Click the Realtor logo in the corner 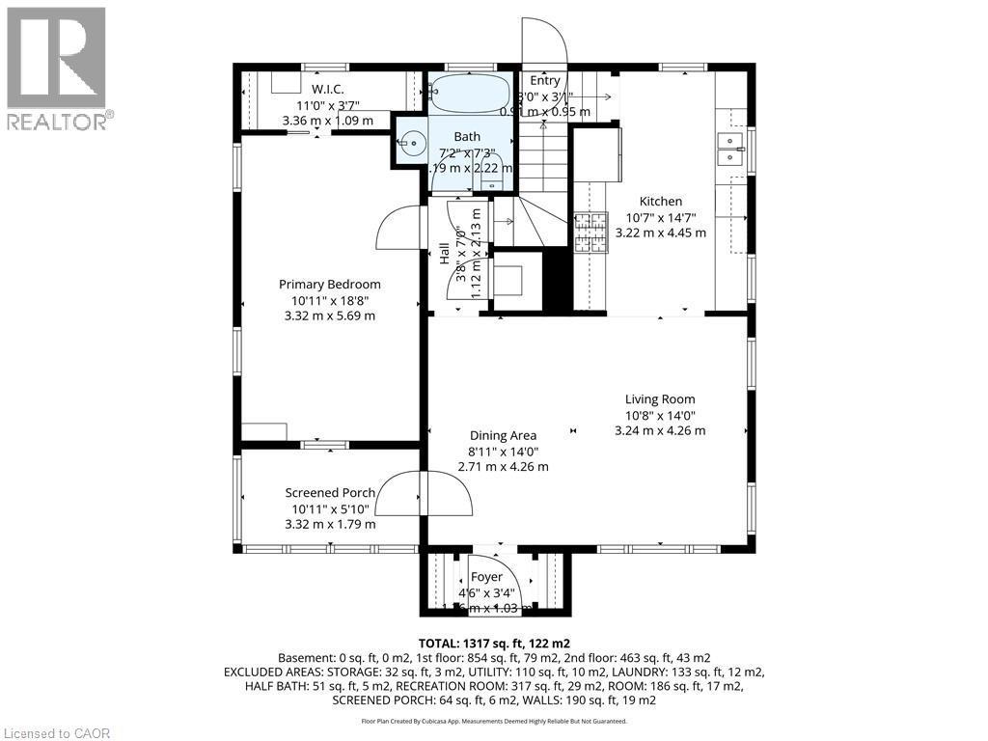pos(57,68)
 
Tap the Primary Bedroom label pos(329,284)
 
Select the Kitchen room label pos(660,202)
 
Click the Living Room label pos(659,398)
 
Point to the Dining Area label pos(503,435)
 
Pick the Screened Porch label pos(330,492)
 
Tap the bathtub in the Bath pos(470,95)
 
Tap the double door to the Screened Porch pos(424,494)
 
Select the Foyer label pos(486,577)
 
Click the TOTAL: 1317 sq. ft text pos(493,643)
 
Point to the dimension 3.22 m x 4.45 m pos(660,233)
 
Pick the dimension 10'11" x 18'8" pos(329,300)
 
